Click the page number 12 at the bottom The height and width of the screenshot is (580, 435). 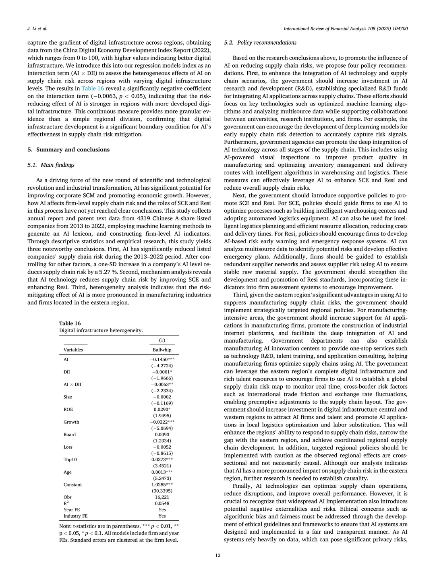coord(217,556)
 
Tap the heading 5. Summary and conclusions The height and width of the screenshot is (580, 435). coord(68,149)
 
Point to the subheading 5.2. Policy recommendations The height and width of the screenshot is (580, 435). coord(260,43)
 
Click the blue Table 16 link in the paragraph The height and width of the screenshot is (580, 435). coord(92,88)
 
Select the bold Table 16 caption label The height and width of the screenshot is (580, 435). coord(70,323)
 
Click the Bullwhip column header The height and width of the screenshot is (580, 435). coord(162,350)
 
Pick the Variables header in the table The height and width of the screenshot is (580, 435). coord(73,350)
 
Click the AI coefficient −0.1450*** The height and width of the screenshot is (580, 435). coord(162,359)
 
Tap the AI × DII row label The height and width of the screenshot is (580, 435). coord(72,384)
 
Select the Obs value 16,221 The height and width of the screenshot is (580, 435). coord(162,497)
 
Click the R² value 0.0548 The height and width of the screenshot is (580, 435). coord(162,503)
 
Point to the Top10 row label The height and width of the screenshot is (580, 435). coord(70,460)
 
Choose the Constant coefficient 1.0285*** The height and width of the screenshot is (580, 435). coord(162,485)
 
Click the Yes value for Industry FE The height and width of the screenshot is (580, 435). coord(162,516)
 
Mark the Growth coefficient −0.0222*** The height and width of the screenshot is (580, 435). coord(162,422)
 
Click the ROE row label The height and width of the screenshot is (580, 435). coord(68,409)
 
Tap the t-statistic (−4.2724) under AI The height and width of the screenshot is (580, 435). coord(162,366)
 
